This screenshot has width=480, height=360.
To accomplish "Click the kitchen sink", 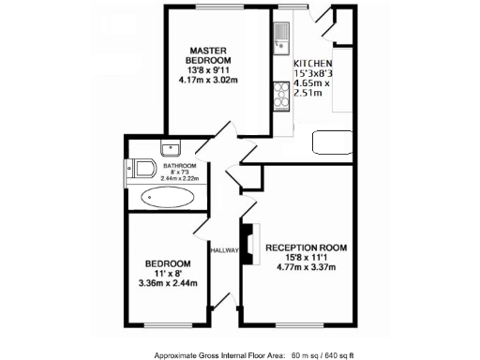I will point(280,38).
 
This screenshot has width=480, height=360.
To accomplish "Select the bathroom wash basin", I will point(170,148).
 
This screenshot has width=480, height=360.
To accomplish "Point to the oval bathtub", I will point(169,199).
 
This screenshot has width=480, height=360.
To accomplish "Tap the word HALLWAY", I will point(225,250).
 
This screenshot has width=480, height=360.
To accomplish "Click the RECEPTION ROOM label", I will point(307,247).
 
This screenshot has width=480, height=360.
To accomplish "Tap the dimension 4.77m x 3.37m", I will point(307,267).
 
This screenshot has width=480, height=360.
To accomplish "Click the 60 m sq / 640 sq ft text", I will point(340,355).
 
